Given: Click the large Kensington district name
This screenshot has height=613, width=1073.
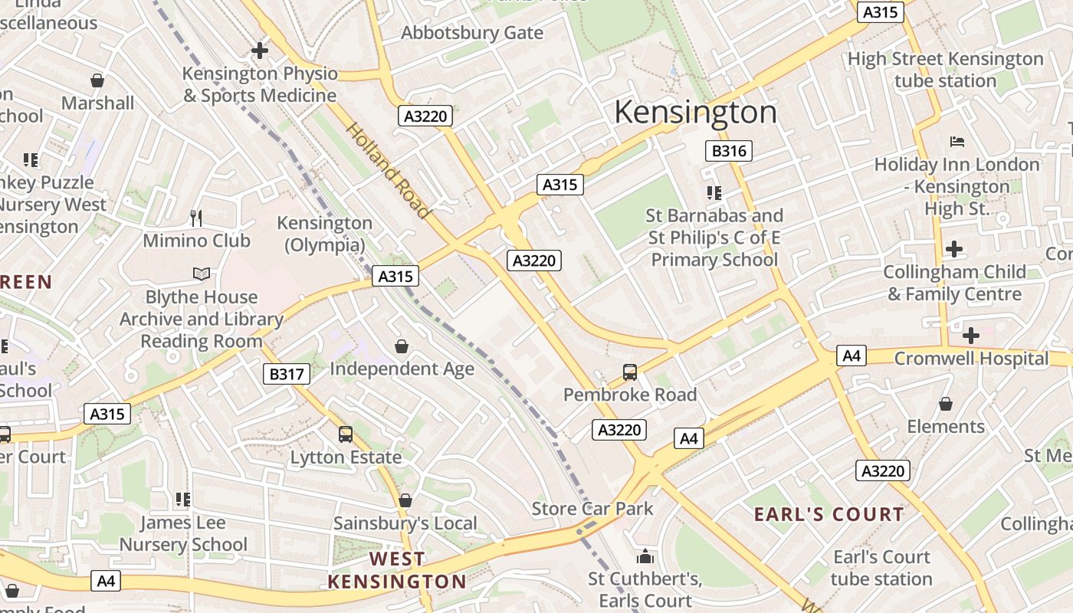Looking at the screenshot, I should (695, 113).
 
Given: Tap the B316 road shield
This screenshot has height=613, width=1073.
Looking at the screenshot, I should (728, 151).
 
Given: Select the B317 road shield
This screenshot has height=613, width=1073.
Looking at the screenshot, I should (287, 374).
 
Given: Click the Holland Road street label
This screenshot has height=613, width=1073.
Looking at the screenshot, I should (387, 170).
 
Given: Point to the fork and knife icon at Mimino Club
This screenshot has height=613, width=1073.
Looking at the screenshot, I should (196, 218).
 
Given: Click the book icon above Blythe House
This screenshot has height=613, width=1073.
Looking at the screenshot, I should (201, 274).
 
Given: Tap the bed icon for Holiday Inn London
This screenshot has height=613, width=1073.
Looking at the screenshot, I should (957, 142).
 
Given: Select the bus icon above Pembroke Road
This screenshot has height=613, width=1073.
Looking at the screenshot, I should (630, 372).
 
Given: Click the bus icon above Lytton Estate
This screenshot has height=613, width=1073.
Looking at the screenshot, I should (346, 434).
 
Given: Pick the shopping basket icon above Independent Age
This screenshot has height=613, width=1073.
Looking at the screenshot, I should (402, 346).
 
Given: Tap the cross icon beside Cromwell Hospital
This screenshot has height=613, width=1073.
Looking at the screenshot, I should (971, 335).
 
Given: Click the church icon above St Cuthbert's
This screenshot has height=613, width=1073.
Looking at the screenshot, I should (645, 556).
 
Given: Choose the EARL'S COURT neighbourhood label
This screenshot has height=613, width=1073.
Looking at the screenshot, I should (829, 514).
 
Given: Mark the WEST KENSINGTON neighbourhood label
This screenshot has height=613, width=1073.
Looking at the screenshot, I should (397, 571).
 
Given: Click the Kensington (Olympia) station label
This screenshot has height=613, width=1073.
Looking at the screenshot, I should (324, 234).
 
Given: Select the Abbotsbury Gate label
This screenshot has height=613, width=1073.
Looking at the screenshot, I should (472, 33).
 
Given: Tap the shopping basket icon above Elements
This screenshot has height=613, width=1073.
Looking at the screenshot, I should (946, 404).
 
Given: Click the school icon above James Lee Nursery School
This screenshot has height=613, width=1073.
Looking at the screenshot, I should (182, 500).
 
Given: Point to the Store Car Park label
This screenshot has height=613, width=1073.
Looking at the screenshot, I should (592, 508).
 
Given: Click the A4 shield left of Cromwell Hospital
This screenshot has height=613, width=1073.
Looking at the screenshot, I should (852, 356).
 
